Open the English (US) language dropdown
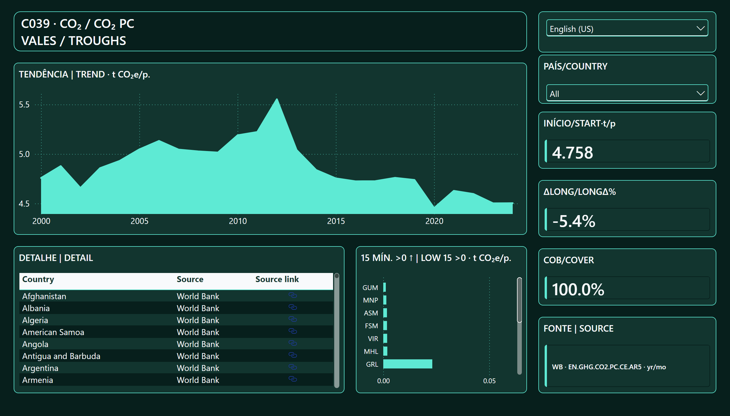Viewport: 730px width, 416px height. pos(627,28)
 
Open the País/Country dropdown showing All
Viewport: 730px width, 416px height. pos(627,93)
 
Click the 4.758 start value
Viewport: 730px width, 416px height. pos(572,152)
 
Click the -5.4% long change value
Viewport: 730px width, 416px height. pos(574,221)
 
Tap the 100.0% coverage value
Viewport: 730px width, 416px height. pos(578,289)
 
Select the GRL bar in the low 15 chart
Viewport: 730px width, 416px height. pos(407,364)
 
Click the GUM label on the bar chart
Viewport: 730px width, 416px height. pos(370,288)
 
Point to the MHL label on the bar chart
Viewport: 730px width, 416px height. pos(371,351)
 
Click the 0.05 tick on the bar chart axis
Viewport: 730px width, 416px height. pos(489,381)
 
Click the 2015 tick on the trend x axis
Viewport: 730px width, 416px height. pos(336,221)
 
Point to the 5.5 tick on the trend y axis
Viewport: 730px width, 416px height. pos(24,105)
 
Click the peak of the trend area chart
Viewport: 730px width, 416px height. pos(277,99)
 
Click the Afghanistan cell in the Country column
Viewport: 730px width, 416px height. pos(44,296)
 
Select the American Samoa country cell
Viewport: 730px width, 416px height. pos(53,332)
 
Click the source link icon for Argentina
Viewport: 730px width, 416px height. pos(293,367)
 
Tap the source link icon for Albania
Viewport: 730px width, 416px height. pos(293,307)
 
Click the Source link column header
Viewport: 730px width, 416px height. pos(277,279)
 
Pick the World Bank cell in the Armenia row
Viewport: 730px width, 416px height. pos(198,380)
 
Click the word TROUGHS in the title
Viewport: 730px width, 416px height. pos(97,41)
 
